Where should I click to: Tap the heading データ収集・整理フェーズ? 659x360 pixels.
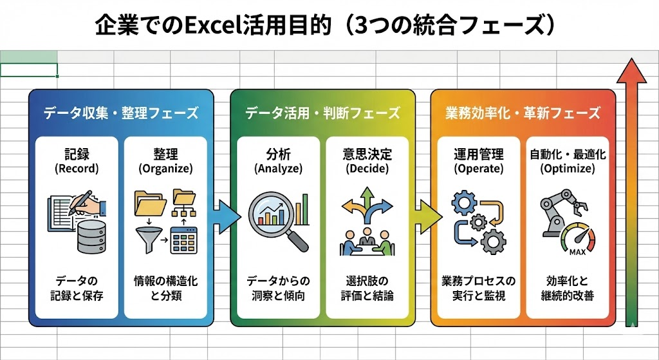click(x=121, y=113)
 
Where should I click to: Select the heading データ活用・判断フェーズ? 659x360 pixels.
click(x=322, y=113)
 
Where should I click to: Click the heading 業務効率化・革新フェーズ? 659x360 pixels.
click(x=523, y=113)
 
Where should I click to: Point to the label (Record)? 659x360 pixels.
click(x=77, y=169)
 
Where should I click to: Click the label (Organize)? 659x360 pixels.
click(x=165, y=169)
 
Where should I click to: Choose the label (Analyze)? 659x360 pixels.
click(x=278, y=169)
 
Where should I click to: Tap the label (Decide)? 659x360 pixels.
click(x=367, y=169)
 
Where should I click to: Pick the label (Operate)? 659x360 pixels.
click(x=478, y=169)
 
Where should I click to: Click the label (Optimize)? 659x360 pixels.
click(x=567, y=169)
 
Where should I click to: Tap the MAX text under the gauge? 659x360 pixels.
click(x=577, y=251)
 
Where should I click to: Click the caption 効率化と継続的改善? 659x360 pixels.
click(x=567, y=289)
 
